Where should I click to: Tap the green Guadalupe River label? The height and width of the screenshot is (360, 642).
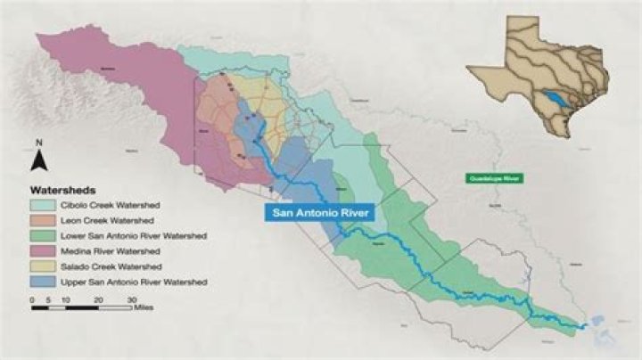[x=494, y=179]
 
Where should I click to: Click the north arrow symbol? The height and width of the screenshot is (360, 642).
[x=38, y=161]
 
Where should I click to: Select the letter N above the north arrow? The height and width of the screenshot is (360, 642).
[x=38, y=143]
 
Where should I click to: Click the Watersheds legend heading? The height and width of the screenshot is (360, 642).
[x=63, y=190]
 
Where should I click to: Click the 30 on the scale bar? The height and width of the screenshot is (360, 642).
[x=131, y=299]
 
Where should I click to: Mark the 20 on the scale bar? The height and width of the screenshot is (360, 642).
[x=98, y=299]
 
